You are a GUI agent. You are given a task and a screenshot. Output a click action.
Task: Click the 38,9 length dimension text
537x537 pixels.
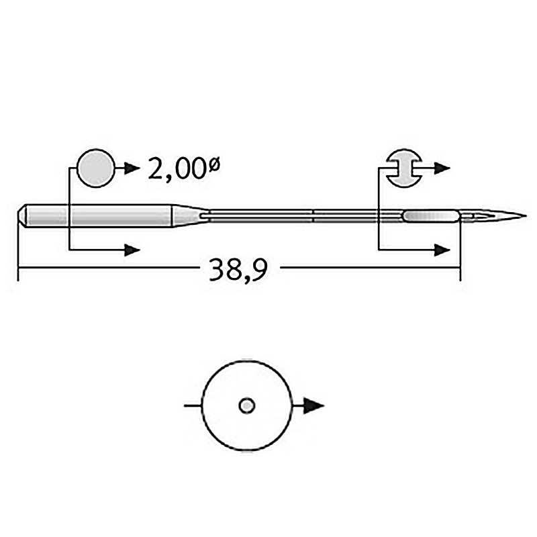pyautogui.click(x=238, y=270)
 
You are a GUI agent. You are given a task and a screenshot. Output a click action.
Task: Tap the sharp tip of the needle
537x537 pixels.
pyautogui.click(x=526, y=215)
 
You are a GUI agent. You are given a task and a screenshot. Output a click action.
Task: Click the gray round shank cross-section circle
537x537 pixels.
pyautogui.click(x=96, y=168)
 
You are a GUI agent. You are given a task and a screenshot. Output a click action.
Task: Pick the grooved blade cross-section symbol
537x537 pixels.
pyautogui.click(x=404, y=168)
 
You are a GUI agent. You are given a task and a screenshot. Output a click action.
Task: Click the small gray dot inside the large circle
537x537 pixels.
pyautogui.click(x=246, y=406)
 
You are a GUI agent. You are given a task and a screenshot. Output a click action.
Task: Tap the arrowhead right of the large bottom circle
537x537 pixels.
pyautogui.click(x=313, y=406)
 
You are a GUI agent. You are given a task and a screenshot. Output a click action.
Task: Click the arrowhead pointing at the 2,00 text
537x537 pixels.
pyautogui.click(x=132, y=168)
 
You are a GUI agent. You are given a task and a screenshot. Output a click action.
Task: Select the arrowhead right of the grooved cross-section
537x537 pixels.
pyautogui.click(x=442, y=168)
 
